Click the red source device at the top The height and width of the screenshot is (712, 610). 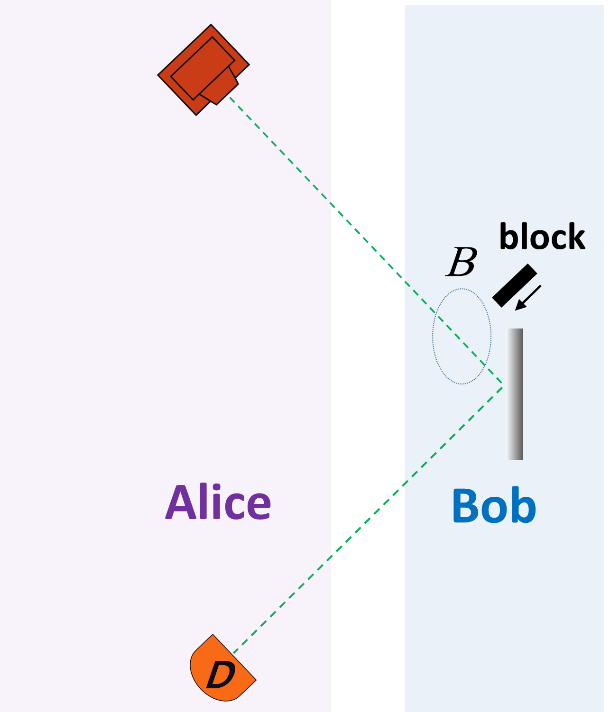[203, 70]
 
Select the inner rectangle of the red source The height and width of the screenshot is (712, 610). [203, 68]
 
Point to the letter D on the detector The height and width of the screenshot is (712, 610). [221, 674]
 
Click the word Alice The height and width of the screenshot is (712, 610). [218, 502]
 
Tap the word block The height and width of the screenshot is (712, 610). [542, 237]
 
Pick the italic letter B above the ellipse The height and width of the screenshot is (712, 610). [461, 262]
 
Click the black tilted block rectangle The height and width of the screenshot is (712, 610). [515, 285]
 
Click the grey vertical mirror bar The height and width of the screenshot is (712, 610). [515, 394]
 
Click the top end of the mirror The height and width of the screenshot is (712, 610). [515, 331]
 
